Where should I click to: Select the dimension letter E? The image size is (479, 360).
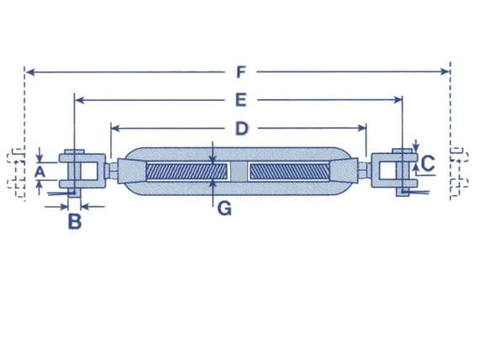[x=239, y=100]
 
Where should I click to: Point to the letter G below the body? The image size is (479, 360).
[x=224, y=208]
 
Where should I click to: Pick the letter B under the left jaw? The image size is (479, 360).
[x=74, y=222]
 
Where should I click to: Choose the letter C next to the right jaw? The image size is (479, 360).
[x=428, y=163]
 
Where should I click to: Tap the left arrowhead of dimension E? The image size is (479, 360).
[x=79, y=100]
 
